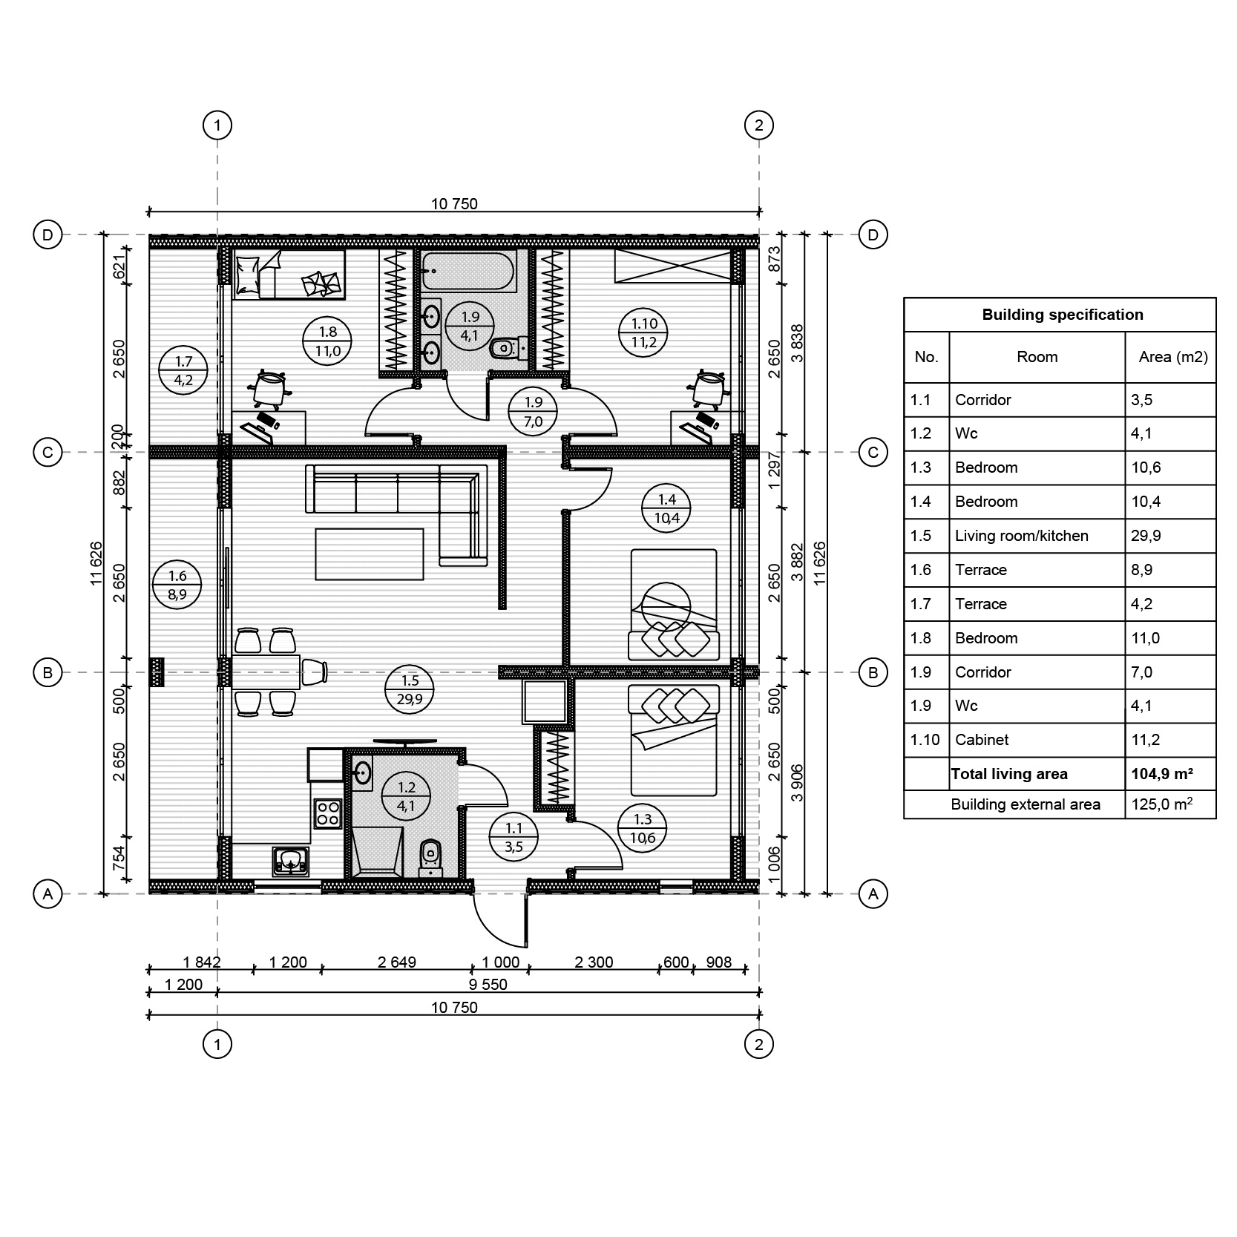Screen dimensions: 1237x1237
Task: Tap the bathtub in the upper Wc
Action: coord(467,271)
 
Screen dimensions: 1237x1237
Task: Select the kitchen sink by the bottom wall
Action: coord(291,861)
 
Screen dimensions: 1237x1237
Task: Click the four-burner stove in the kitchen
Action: coord(327,813)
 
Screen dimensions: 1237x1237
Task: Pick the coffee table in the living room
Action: coord(370,554)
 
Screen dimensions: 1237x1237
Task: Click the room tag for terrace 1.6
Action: coord(177,585)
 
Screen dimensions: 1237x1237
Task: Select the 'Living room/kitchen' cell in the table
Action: coord(1021,536)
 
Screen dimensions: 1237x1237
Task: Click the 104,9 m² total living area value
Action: coord(1161,774)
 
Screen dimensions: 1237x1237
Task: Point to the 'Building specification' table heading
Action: coord(1063,315)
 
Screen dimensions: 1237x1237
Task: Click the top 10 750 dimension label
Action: coord(454,203)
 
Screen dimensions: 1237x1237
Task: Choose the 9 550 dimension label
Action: coord(488,985)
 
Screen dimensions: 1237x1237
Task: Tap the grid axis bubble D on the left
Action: coord(48,235)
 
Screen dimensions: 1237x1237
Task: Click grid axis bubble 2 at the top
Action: coord(758,125)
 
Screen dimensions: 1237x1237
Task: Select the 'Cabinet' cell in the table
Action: coord(981,740)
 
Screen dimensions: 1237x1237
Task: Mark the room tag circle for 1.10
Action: coord(644,332)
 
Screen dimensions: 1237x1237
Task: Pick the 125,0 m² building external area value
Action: coord(1162,804)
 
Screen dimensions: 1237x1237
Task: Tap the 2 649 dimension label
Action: coord(397,962)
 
